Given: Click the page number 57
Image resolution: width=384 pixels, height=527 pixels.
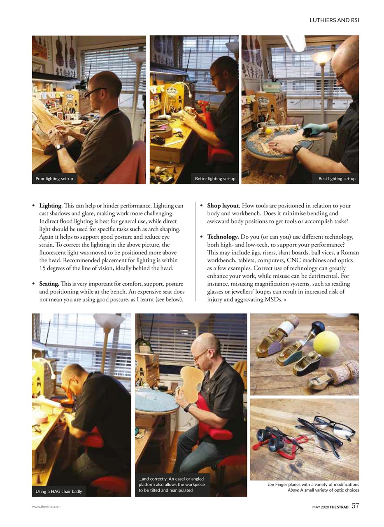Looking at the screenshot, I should click(355, 506).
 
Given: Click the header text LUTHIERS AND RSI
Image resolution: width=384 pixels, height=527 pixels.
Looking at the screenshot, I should click(334, 20).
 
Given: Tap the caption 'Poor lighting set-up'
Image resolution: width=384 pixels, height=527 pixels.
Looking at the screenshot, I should click(54, 179).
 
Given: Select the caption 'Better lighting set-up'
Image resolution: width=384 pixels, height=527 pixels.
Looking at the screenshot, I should click(215, 179).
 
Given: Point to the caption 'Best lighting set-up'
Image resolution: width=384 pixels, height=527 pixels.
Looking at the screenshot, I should click(337, 179).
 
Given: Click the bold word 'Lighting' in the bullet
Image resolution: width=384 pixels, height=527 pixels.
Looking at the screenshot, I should click(50, 205).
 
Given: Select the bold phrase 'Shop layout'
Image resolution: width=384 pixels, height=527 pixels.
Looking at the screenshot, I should click(223, 205).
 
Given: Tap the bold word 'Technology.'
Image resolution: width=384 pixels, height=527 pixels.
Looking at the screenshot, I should click(223, 237).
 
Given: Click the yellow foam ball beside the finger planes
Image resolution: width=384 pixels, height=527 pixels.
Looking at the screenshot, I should click(327, 341).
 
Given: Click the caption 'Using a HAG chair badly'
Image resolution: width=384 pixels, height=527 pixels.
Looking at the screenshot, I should click(58, 491).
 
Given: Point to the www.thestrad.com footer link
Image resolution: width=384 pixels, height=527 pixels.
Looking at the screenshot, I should click(46, 506).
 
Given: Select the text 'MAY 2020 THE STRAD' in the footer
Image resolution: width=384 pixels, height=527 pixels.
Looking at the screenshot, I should click(330, 506).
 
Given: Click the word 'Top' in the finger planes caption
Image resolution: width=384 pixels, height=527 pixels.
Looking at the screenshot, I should click(270, 484).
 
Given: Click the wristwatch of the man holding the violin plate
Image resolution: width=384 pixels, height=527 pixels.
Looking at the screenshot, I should click(187, 408).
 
